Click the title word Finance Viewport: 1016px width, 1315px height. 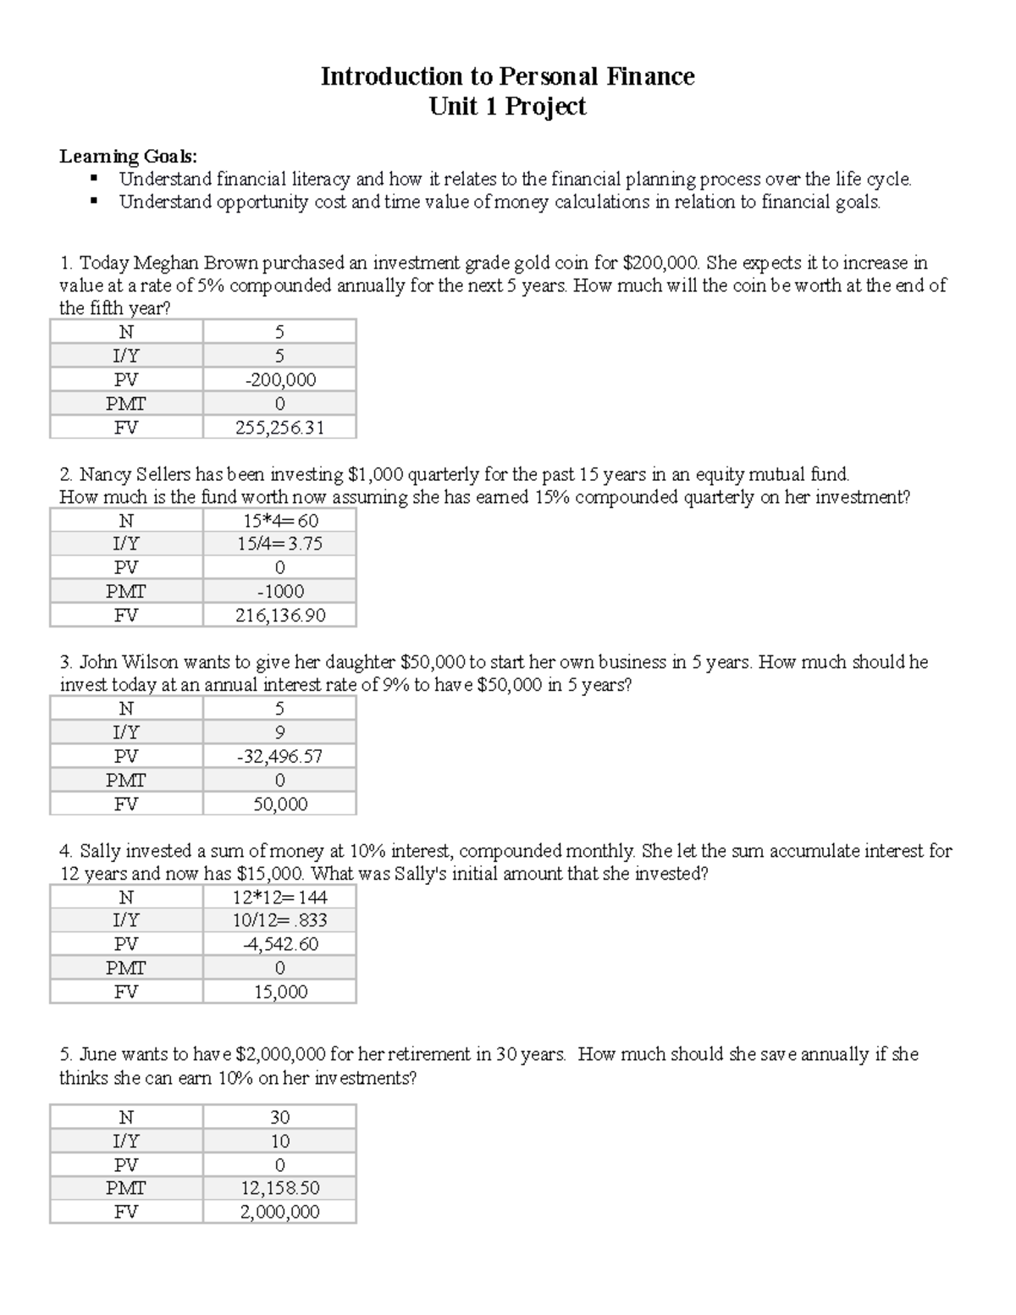650,77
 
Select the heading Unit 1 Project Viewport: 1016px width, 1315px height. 507,107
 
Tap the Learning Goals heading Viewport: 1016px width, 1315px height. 128,157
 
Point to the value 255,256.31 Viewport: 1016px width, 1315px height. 279,428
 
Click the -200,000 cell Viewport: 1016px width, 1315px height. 279,380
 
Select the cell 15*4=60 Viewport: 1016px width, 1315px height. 279,521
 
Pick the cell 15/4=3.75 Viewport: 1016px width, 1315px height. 279,544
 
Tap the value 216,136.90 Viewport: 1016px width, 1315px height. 279,616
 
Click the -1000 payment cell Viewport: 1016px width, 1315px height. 279,592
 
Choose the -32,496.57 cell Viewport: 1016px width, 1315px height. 279,756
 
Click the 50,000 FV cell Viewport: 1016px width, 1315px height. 279,804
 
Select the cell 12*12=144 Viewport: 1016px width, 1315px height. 279,898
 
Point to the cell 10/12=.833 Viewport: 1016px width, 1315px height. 279,920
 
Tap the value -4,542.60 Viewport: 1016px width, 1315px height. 279,944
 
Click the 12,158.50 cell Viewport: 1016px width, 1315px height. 279,1188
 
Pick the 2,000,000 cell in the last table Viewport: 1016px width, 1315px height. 279,1212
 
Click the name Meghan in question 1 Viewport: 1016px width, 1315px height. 164,263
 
